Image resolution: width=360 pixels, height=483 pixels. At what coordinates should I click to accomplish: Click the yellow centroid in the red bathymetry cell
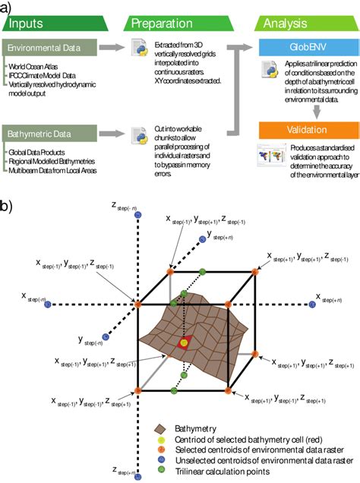tap(183, 343)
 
